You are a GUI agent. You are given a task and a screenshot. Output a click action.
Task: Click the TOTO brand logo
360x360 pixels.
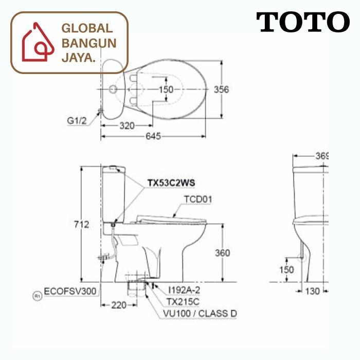[302, 23]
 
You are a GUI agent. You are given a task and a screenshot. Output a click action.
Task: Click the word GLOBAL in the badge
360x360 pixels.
[86, 29]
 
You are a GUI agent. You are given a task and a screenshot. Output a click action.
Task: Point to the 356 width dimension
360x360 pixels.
[222, 89]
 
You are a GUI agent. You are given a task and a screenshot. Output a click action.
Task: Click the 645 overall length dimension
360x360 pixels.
[153, 136]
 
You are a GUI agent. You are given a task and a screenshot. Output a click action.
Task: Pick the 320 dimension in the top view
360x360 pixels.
[127, 125]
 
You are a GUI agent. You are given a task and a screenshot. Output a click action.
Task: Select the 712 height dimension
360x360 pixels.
[82, 224]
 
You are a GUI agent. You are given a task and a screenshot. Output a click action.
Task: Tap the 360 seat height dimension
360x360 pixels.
[222, 253]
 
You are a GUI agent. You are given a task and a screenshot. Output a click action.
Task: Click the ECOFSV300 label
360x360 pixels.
[70, 291]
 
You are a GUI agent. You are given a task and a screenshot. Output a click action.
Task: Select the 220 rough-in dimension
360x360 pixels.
[118, 305]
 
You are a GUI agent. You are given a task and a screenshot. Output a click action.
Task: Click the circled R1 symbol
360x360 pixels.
[37, 296]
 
